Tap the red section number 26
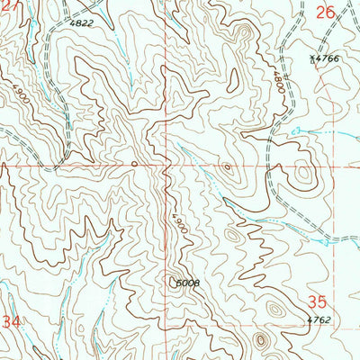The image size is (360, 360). [x=325, y=13]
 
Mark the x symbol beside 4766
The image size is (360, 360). [x=312, y=58]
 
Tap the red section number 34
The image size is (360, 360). [x=11, y=320]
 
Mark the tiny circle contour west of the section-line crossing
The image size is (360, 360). [x=133, y=164]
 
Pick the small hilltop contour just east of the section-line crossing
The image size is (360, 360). [x=227, y=166]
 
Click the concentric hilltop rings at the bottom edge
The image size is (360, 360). [x=262, y=341]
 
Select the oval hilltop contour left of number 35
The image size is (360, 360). [x=274, y=308]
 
